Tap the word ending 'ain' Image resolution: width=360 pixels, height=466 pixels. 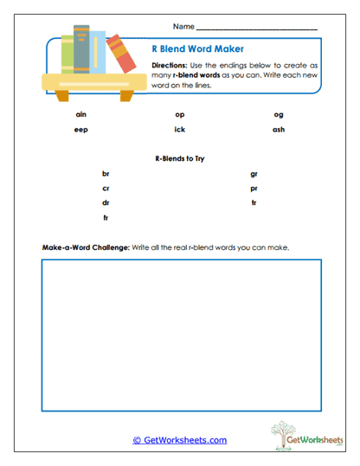click(x=81, y=114)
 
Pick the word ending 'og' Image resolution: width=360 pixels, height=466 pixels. click(x=278, y=114)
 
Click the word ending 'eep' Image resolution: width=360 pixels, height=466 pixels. click(x=81, y=130)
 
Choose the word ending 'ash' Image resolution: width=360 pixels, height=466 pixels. click(x=278, y=130)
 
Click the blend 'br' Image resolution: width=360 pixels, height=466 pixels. click(x=106, y=174)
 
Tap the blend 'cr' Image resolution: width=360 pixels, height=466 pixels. click(x=106, y=188)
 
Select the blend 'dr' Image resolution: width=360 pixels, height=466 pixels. click(x=106, y=202)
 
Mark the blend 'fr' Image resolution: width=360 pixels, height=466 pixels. click(x=106, y=217)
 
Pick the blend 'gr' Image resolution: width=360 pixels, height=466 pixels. click(x=254, y=174)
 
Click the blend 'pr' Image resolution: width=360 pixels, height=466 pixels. click(x=254, y=188)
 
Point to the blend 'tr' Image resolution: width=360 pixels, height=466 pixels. click(x=254, y=202)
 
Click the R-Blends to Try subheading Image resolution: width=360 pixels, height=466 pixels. click(x=179, y=158)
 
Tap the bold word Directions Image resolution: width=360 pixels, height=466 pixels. click(x=168, y=67)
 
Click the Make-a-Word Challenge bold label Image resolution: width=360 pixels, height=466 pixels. click(x=85, y=247)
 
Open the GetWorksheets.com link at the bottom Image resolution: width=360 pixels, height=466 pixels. click(x=179, y=440)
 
